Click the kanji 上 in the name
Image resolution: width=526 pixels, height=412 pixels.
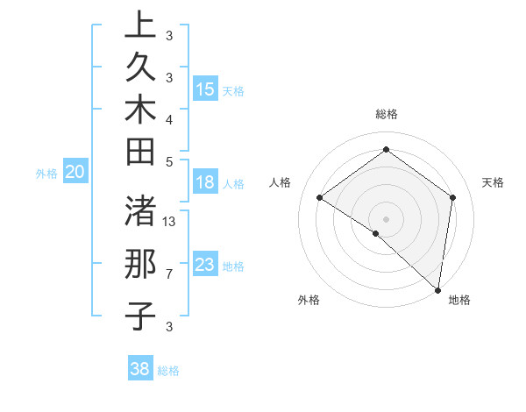pyautogui.click(x=140, y=26)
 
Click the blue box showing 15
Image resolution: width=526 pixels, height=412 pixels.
pyautogui.click(x=205, y=89)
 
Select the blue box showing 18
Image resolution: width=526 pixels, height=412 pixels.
pyautogui.click(x=205, y=182)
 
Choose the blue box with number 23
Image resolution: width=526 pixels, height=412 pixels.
pyautogui.click(x=205, y=265)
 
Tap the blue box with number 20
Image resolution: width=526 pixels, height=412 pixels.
pyautogui.click(x=75, y=173)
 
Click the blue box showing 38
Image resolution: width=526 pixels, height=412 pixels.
pyautogui.click(x=140, y=369)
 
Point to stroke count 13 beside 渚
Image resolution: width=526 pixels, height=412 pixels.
pyautogui.click(x=170, y=222)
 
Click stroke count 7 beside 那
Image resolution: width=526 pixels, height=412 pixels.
pyautogui.click(x=169, y=274)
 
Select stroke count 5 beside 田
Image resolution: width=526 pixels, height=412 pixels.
pyautogui.click(x=169, y=161)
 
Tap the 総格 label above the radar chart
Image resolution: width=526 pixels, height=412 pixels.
pyautogui.click(x=386, y=114)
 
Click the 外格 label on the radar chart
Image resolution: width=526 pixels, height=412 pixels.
pyautogui.click(x=309, y=301)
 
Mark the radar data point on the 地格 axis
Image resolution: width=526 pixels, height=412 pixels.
pyautogui.click(x=437, y=290)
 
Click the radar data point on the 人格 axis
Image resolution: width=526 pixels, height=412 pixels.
pyautogui.click(x=320, y=197)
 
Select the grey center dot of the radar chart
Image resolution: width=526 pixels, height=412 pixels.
pyautogui.click(x=386, y=218)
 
